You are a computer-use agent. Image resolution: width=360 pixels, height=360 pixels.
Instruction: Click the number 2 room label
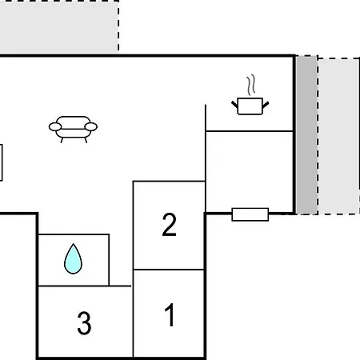169,225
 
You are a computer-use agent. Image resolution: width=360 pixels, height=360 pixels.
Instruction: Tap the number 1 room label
170,314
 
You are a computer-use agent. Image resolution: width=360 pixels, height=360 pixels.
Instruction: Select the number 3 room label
84,323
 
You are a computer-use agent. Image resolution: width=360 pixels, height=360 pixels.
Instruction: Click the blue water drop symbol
73,258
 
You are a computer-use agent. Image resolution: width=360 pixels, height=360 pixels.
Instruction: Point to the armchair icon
73,129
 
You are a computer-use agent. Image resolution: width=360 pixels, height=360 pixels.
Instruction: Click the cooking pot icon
250,106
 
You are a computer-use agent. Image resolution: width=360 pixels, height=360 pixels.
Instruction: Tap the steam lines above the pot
251,85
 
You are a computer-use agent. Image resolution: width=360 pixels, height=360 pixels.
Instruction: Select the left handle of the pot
234,104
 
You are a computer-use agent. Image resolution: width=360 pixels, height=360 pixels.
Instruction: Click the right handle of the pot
266,104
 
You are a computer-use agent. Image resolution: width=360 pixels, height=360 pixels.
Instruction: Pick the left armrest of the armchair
55,127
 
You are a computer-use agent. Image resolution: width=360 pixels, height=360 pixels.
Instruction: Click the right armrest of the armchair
91,127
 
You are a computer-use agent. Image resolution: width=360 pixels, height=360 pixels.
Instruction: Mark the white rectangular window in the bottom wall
250,214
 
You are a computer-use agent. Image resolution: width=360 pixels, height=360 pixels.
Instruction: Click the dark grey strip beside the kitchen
306,134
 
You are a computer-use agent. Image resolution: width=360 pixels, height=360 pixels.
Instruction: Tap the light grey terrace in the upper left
59,26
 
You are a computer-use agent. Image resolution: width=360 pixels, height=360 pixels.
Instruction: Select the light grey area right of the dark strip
338,136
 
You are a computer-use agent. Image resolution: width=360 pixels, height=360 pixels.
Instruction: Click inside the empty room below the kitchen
250,170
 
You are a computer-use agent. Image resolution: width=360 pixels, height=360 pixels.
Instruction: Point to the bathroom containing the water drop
74,260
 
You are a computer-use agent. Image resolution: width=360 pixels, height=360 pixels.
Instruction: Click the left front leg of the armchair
62,140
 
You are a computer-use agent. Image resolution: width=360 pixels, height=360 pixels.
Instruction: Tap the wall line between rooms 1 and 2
169,270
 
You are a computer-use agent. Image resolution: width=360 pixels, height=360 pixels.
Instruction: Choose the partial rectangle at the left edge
2,162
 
